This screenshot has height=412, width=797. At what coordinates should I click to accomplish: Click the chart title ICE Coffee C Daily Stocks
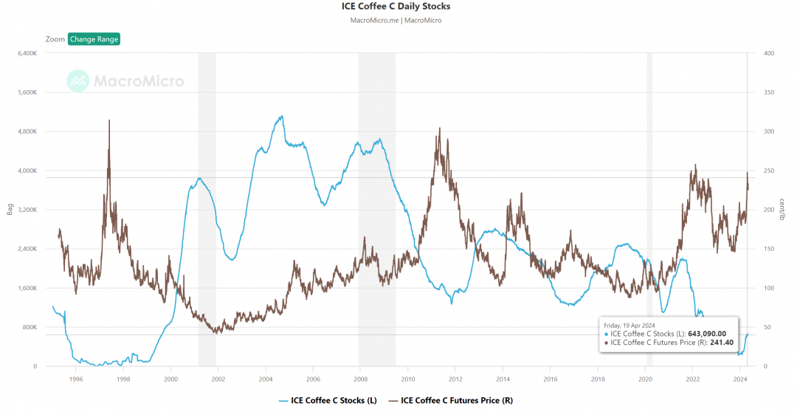396,7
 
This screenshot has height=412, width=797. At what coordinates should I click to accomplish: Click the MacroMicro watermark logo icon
77,80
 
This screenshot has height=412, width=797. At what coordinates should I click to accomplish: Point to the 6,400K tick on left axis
26,53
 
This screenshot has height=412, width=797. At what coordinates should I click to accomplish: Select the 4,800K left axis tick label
26,131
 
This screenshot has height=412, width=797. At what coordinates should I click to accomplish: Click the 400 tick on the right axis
768,53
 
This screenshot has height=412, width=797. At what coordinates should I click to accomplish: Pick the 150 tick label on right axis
768,249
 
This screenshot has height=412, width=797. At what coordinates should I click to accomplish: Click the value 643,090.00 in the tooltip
708,334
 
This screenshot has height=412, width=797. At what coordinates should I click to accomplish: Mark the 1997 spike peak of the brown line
109,120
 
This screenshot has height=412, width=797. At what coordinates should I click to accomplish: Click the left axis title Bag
10,209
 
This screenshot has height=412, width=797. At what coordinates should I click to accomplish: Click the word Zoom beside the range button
55,39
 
